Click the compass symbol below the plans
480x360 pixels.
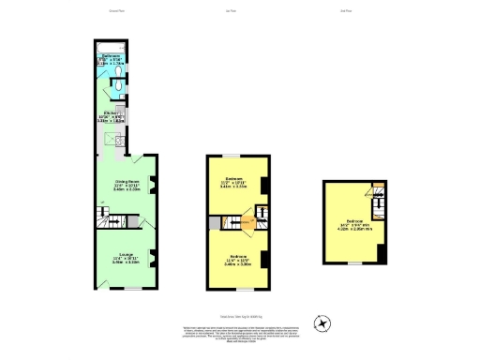322,324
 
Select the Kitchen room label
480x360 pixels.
111,117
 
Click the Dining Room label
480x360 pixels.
127,185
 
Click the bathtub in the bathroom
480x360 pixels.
112,49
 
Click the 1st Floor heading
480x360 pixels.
231,12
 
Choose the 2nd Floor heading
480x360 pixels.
346,12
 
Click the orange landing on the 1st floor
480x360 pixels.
247,223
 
